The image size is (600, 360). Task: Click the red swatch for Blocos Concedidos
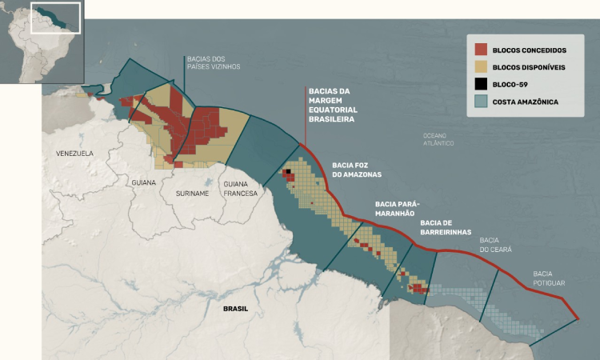(481, 50)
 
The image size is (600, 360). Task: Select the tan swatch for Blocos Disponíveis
(481, 67)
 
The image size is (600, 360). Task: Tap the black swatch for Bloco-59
(481, 85)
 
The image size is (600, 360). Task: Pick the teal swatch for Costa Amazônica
(481, 102)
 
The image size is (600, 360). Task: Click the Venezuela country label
(74, 153)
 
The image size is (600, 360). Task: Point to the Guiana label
(145, 182)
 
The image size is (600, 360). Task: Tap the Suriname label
(192, 194)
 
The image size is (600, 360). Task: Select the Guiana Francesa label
(241, 189)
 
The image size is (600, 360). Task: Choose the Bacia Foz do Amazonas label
(356, 169)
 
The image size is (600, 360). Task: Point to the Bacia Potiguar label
(550, 278)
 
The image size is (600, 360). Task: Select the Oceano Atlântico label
(438, 139)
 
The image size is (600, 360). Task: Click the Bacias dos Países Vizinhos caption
(212, 62)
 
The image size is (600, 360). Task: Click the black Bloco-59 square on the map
(286, 171)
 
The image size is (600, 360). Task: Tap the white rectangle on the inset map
(55, 18)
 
